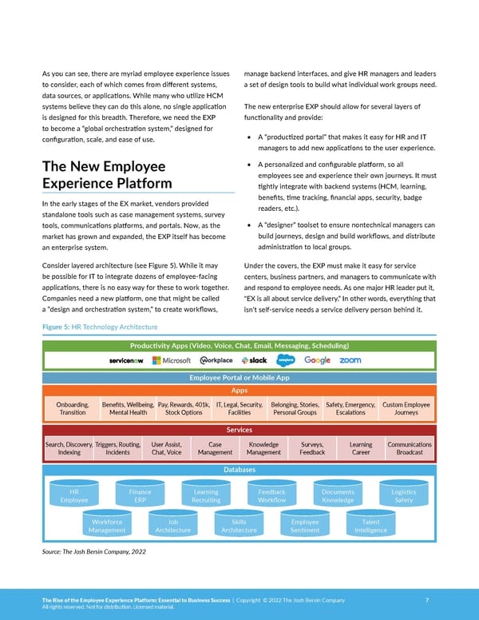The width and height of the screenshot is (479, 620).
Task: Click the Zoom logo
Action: [350, 360]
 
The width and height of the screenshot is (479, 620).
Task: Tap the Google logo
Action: [317, 360]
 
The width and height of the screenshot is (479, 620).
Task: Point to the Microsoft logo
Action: [171, 360]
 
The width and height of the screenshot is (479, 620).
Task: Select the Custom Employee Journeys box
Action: [406, 409]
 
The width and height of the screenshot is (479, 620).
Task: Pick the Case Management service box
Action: [215, 448]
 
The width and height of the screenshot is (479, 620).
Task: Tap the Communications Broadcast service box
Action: [409, 448]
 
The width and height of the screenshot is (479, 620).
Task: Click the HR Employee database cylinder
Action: [74, 496]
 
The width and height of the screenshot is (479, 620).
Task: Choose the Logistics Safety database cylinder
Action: [403, 496]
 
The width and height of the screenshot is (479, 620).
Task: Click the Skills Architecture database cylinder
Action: [239, 526]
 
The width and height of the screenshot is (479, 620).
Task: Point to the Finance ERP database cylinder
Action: [140, 496]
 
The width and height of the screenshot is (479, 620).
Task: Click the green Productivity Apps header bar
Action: [239, 345]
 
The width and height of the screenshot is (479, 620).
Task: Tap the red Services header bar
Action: [239, 430]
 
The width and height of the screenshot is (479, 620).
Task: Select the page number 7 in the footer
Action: [428, 598]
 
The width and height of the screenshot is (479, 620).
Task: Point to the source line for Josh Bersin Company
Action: [93, 551]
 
